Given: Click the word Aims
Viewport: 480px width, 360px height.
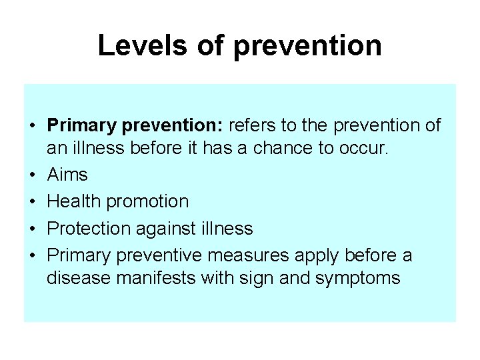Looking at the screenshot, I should click(67, 175).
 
